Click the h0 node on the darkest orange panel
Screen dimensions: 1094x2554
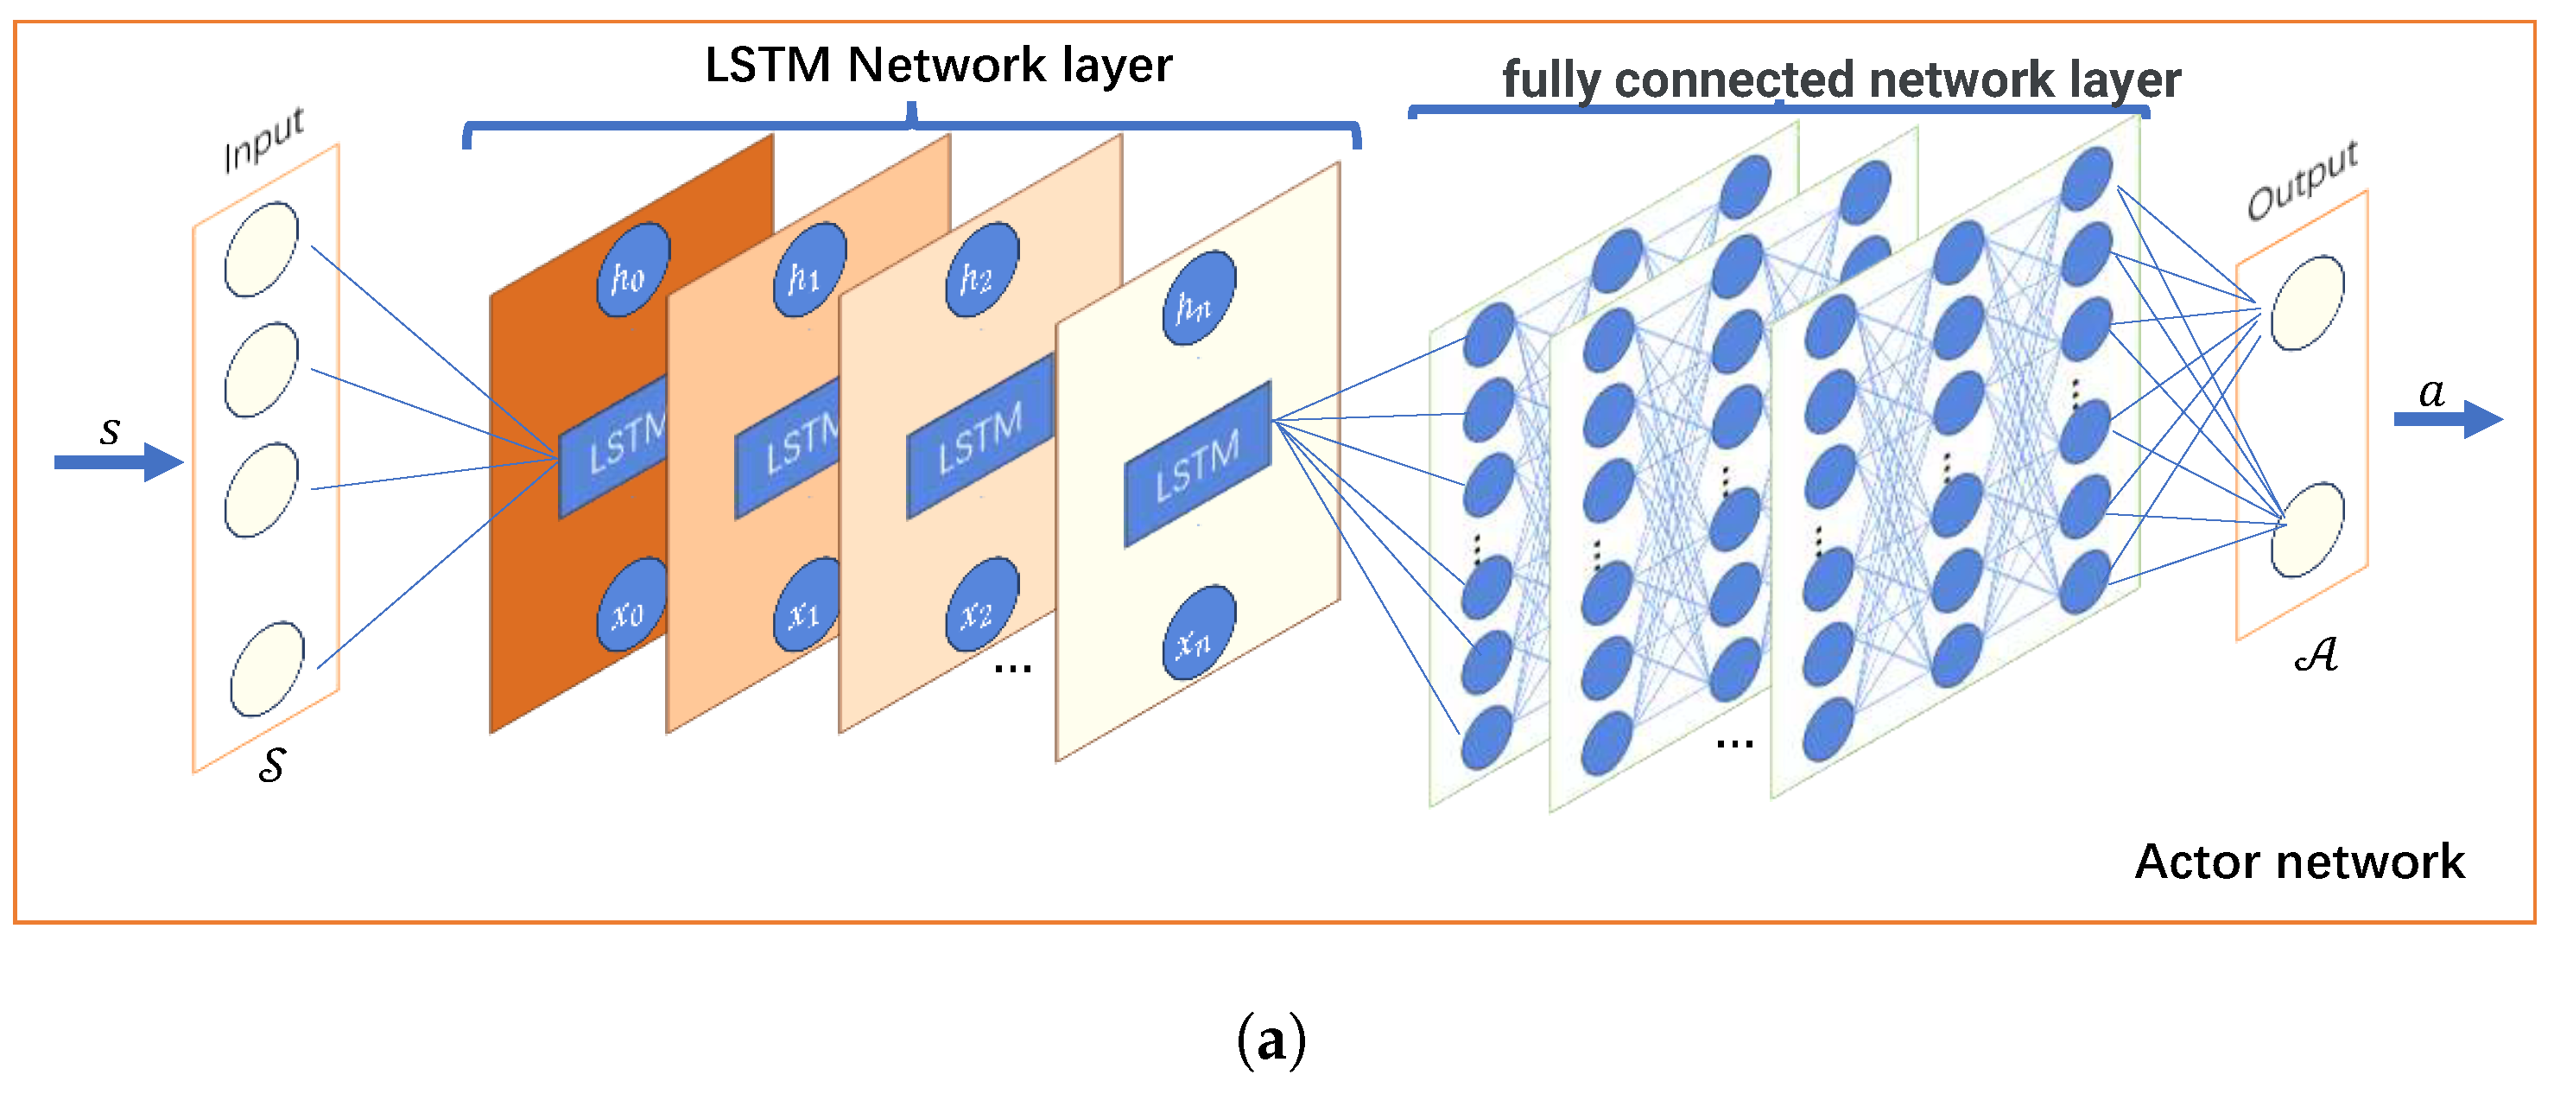pos(632,270)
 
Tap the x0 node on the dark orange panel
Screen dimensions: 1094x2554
pos(631,605)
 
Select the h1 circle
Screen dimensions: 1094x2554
pos(809,270)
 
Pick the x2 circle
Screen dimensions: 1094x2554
pos(981,605)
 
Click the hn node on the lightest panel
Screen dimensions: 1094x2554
pos(1199,297)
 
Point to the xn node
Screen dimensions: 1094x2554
pos(1199,633)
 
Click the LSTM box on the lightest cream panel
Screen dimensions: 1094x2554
pos(1197,464)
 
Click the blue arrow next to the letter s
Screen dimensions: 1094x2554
pos(119,462)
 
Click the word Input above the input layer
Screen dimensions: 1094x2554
pos(263,139)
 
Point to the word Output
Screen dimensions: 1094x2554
pos(2301,180)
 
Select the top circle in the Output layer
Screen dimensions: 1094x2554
pos(2307,302)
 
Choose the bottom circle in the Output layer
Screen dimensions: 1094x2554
pos(2307,530)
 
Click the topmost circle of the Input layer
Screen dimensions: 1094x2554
pos(261,250)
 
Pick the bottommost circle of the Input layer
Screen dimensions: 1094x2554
pos(267,669)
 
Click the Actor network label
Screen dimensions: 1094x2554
pos(2298,861)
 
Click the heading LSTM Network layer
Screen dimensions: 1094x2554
pos(938,66)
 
